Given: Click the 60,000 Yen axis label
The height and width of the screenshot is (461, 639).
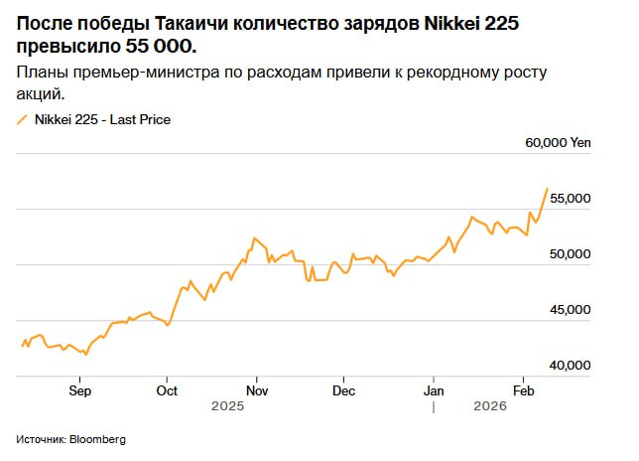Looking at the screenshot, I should (x=558, y=143).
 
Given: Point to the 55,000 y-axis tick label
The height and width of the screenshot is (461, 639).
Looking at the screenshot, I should (x=570, y=199).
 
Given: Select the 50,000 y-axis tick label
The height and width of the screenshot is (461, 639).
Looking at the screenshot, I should (x=570, y=254).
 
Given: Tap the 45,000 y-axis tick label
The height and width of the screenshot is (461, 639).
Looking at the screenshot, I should (x=570, y=310).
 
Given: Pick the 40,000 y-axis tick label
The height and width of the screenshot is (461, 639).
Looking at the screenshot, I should (x=570, y=366).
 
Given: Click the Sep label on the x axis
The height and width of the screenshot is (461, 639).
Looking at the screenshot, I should (x=79, y=390).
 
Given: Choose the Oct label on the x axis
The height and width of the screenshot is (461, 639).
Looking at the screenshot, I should (x=167, y=390).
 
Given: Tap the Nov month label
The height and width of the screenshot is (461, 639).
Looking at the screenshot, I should (x=256, y=390).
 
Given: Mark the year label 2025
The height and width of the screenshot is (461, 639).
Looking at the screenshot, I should (x=227, y=406).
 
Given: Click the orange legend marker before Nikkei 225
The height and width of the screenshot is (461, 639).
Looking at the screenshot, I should (x=22, y=120).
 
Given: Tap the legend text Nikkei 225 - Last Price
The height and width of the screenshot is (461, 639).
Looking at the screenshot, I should (x=103, y=120).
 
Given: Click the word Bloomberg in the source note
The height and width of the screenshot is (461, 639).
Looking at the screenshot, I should (x=97, y=439).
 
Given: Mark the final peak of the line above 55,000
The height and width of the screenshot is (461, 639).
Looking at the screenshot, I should (x=547, y=188).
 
